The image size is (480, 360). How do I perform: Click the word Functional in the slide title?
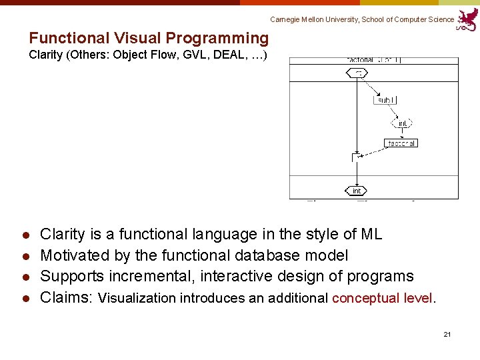coord(69,39)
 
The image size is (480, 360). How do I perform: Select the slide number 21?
coord(447,333)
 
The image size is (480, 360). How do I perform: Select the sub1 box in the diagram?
coord(385,100)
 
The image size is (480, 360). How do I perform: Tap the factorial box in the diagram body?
coord(401,143)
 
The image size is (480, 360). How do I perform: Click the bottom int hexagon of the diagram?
coord(357,191)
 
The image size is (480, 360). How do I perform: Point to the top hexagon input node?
coord(357,73)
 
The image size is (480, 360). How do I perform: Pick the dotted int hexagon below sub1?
coord(402,123)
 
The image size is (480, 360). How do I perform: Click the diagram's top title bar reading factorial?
coord(373,60)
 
